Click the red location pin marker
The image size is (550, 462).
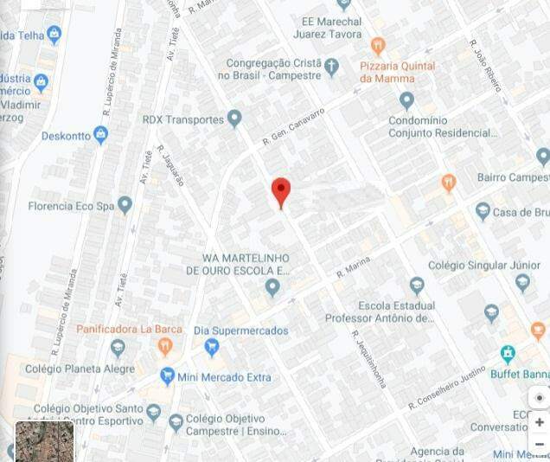[281, 191]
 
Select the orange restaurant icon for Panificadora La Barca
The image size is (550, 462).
[165, 347]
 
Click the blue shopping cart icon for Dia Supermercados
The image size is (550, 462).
[211, 347]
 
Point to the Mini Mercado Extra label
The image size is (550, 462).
[224, 377]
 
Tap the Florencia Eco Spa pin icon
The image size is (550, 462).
[125, 205]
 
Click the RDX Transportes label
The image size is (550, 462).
[183, 119]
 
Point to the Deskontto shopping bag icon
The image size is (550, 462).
[100, 135]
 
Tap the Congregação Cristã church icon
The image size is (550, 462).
[331, 65]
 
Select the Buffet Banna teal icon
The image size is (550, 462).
[508, 353]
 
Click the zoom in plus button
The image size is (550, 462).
[540, 422]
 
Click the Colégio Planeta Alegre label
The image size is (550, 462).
[80, 369]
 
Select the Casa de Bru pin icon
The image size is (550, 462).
[483, 212]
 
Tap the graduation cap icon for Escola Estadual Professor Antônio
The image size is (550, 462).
[417, 285]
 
